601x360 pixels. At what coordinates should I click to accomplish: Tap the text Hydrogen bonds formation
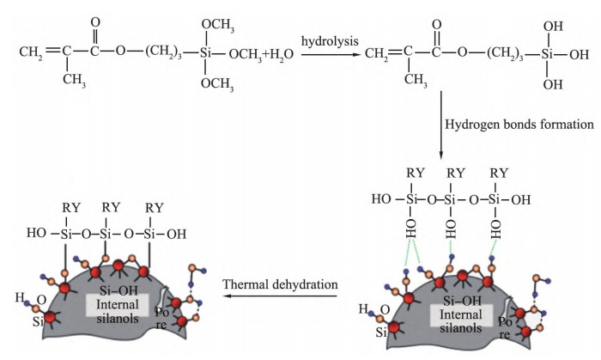pyautogui.click(x=519, y=125)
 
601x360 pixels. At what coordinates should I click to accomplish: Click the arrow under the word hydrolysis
pyautogui.click(x=327, y=54)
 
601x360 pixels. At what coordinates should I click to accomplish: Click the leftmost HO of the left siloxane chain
pyautogui.click(x=35, y=235)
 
